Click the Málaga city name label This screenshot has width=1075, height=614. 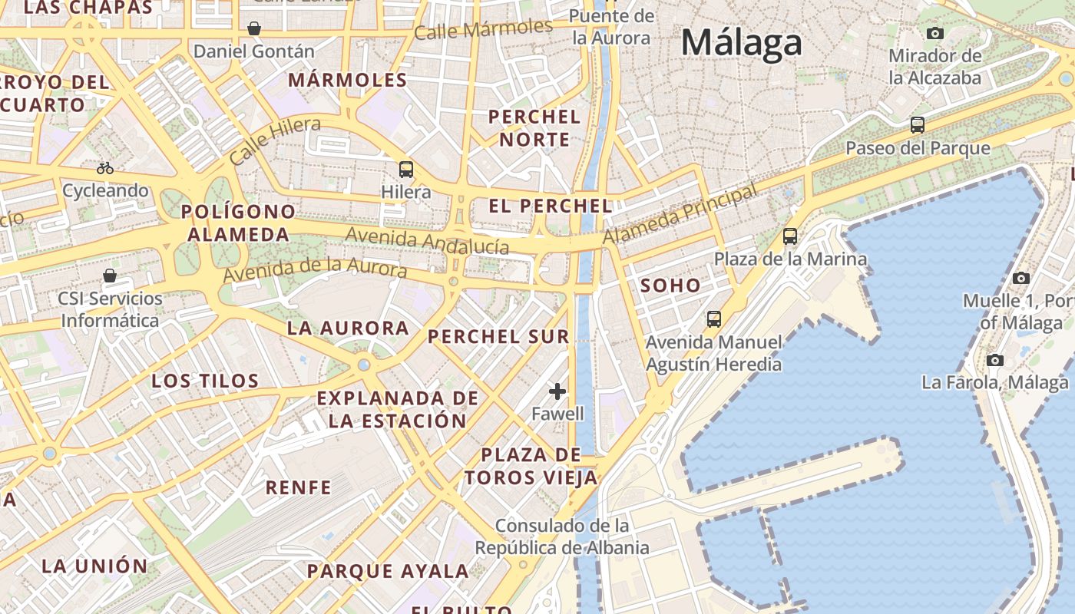point(742,41)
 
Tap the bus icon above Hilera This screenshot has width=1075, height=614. point(405,170)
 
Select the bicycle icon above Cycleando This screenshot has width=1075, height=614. point(105,168)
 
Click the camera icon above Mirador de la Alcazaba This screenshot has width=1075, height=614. point(934,33)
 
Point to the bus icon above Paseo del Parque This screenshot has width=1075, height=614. point(917,125)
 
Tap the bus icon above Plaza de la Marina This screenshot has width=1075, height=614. point(790,236)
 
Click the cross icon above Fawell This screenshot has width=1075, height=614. point(557,391)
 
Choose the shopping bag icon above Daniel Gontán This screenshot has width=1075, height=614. point(254,29)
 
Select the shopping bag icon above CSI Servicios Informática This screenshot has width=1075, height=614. point(110,276)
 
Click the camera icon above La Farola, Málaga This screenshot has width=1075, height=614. point(995,360)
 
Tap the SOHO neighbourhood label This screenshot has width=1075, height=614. point(670,286)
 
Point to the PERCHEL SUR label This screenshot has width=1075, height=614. point(498,336)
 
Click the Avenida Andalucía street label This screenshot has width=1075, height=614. point(427,240)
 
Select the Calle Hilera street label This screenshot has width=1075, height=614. point(275,141)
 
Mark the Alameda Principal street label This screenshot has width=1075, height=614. point(680,215)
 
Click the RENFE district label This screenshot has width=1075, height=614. point(298,487)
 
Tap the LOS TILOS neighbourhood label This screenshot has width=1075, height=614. point(205,381)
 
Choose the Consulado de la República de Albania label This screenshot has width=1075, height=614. point(562,536)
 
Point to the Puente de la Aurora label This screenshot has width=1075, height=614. point(612,27)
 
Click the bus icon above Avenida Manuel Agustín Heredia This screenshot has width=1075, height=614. point(714,319)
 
